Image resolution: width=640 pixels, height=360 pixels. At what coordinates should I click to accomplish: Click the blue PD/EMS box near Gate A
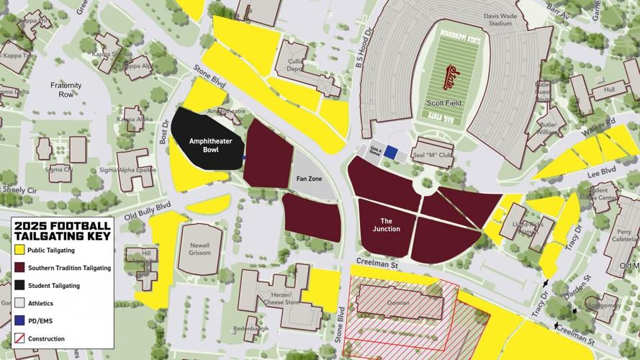[391, 153]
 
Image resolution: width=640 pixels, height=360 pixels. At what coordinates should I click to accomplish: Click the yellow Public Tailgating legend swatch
[19, 250]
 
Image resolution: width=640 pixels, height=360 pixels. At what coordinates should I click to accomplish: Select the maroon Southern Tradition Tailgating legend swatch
[19, 268]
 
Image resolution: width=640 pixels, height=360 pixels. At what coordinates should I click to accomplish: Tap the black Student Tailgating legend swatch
[19, 285]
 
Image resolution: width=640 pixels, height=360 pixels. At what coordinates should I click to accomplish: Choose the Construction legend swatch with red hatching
[19, 338]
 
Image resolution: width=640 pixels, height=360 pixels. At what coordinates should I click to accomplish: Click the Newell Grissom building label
[195, 248]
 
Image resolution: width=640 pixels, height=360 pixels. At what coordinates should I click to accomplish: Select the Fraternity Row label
[66, 90]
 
